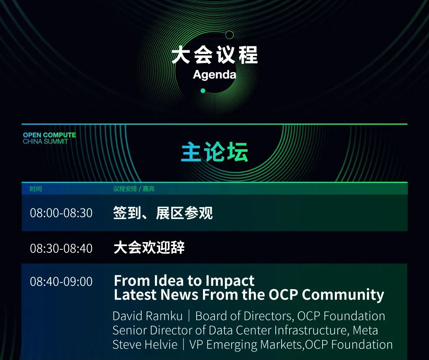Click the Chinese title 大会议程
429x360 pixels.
pos(214,55)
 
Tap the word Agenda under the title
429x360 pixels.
pos(214,75)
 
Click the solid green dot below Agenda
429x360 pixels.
pos(203,90)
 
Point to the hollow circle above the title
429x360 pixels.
pos(229,35)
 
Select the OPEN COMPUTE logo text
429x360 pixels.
pos(50,135)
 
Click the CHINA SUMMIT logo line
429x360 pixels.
pos(45,142)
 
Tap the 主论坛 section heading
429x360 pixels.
pos(214,152)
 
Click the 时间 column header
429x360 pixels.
pos(36,189)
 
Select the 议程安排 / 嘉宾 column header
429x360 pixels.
pos(134,189)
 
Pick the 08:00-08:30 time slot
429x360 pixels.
pos(61,213)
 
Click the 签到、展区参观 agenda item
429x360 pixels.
pos(163,213)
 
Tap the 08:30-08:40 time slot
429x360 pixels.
pos(61,248)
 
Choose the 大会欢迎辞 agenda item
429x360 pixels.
pos(149,248)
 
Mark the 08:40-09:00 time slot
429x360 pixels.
pos(61,281)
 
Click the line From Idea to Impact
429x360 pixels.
pos(184,281)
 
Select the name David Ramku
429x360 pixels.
pos(147,316)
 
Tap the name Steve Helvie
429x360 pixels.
pos(145,345)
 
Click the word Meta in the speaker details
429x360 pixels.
pos(365,330)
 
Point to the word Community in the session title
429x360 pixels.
pos(343,295)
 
